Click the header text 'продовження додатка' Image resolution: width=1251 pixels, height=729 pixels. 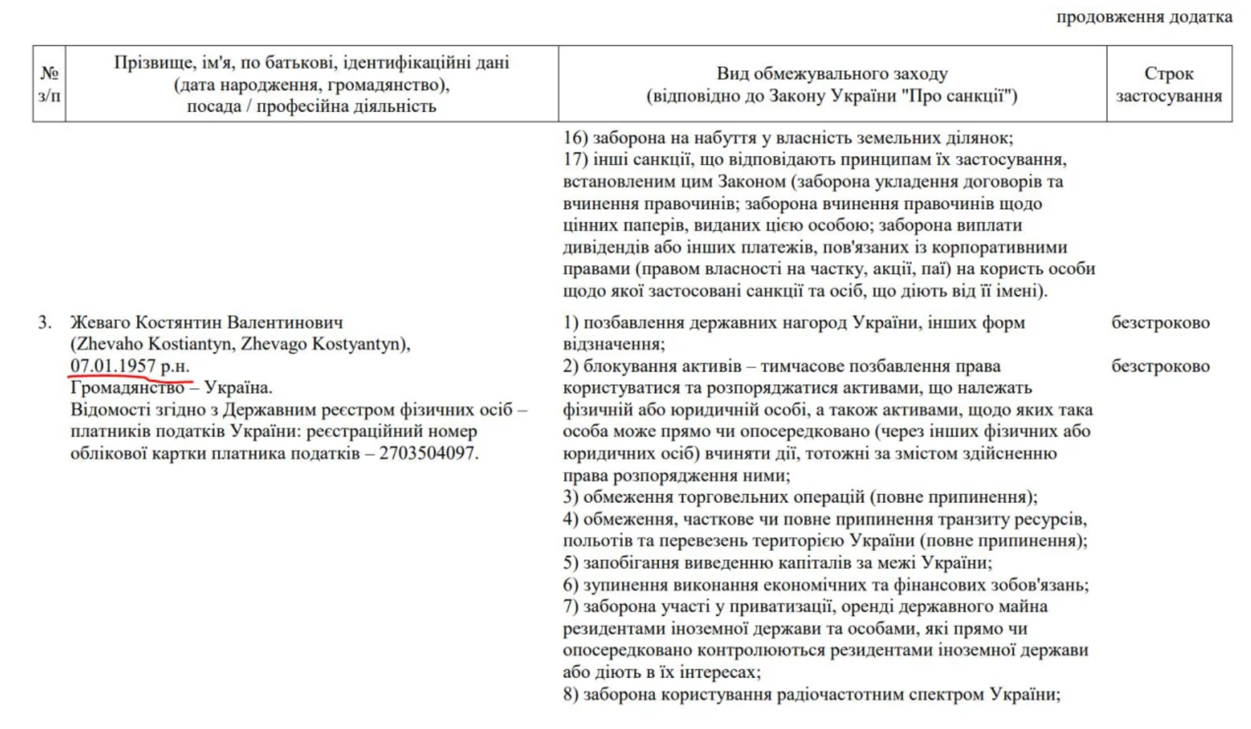coord(1144,18)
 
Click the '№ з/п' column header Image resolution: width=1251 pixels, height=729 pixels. coord(49,84)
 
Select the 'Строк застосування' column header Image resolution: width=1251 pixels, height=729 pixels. coord(1169,84)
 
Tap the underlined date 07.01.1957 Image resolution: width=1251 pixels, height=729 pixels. coord(113,366)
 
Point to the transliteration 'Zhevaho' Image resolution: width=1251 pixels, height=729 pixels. coord(109,344)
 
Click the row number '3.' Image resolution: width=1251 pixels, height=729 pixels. coord(45,322)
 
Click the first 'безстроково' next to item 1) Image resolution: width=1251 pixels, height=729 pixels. coord(1160,322)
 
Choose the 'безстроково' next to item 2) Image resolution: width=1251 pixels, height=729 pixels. coord(1160,366)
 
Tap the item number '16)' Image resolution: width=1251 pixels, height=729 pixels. coord(576,138)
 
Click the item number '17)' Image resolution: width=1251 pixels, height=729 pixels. coord(576,160)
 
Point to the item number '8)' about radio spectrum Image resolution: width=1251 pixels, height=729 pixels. coord(571,695)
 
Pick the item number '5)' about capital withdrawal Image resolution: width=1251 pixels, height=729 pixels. coord(571,563)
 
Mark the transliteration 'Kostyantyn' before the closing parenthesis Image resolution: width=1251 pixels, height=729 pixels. coord(358,344)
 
